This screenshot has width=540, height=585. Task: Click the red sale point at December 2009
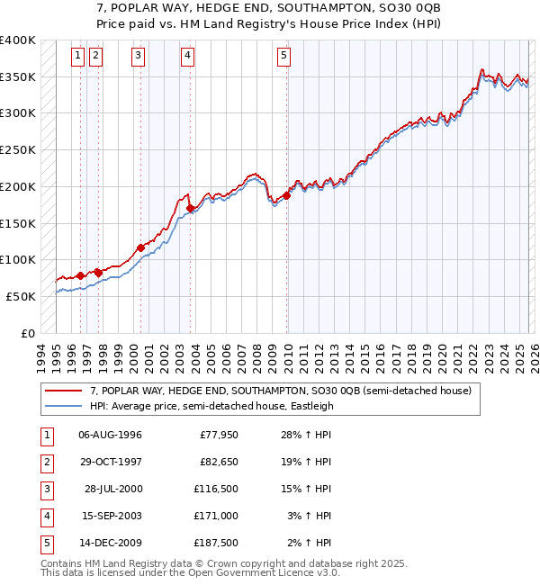(286, 195)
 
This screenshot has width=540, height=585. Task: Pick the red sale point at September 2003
(191, 208)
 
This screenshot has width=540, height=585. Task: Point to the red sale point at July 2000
(140, 247)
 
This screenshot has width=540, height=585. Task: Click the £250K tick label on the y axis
(18, 149)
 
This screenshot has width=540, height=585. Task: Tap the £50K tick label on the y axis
(21, 296)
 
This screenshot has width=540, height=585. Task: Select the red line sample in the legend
(63, 391)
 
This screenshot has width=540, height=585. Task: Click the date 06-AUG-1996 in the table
(110, 436)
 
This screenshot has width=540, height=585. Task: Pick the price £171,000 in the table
(216, 517)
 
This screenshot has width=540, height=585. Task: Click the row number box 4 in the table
(46, 517)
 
